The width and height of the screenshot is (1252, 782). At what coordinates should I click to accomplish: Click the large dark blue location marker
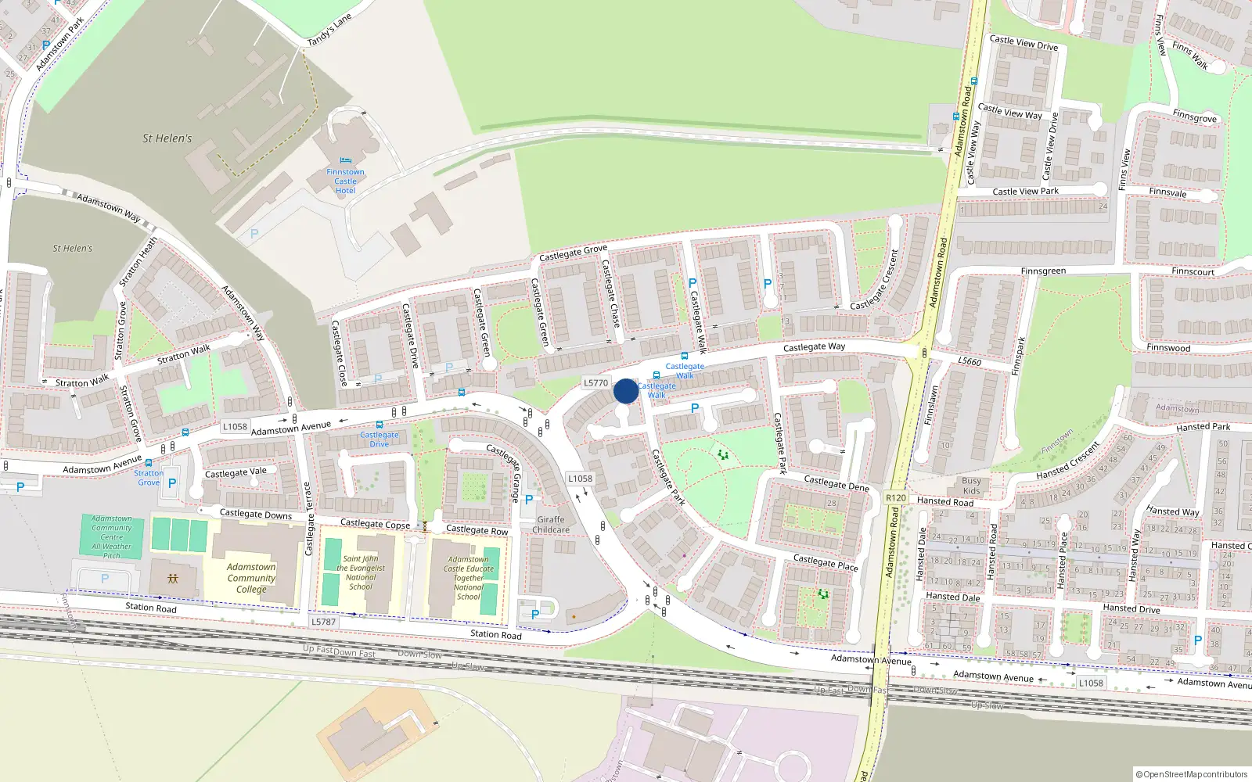coord(625,391)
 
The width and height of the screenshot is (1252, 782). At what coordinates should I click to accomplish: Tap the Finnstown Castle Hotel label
coord(345,181)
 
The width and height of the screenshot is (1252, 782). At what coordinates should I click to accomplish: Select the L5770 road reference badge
coord(595,383)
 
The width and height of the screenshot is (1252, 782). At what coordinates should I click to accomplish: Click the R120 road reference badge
coord(895,497)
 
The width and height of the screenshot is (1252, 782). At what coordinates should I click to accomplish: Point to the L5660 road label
coord(970,361)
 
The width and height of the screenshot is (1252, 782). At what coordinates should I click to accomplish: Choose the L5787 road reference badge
coord(323,622)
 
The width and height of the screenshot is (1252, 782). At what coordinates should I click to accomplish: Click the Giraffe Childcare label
coord(551,525)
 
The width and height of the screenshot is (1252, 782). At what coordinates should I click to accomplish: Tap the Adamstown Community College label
coord(251,578)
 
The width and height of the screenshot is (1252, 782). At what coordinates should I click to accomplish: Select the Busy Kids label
coord(971,486)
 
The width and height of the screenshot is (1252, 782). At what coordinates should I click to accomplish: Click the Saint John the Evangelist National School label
coord(361,572)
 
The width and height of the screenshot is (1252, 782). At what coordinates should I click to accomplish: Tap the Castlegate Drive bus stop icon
coord(380,425)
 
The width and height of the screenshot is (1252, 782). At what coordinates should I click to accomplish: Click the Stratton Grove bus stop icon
coord(149,463)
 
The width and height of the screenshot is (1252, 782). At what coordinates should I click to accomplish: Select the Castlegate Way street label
coord(814,346)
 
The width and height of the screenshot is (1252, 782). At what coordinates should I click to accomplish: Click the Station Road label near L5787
coord(495,634)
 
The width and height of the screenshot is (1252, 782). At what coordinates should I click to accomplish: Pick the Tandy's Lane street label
coord(329,30)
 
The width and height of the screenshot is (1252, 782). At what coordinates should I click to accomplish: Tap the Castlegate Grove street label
coord(573,253)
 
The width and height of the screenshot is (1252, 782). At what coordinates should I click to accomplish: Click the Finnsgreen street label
coord(1043,271)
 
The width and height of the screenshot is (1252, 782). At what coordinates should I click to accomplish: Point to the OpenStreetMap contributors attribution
coord(1191,774)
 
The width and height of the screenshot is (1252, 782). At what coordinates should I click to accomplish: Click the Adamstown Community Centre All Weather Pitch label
coord(112,536)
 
